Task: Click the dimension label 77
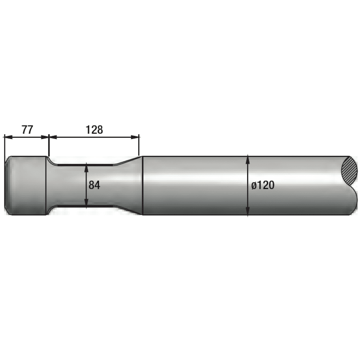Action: [27, 130]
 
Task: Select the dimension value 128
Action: [94, 130]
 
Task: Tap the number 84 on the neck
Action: [94, 185]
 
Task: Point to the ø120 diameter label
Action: [263, 185]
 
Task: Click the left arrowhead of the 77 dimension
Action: [8, 137]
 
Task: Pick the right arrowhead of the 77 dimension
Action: [45, 137]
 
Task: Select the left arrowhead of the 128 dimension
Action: [53, 137]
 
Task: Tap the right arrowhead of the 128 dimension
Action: [135, 137]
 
